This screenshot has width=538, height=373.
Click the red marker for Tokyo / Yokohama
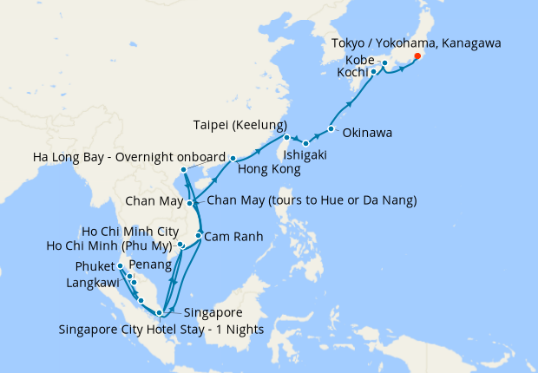[417, 56]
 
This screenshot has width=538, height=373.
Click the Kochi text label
[352, 73]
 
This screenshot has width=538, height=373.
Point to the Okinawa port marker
[331, 130]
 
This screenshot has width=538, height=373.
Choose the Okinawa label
[367, 134]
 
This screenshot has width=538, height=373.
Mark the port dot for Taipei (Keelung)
[285, 137]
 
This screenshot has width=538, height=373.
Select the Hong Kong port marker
[233, 158]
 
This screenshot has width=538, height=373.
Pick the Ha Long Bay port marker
[184, 169]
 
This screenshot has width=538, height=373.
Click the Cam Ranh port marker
[199, 236]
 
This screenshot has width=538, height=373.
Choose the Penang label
[147, 264]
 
